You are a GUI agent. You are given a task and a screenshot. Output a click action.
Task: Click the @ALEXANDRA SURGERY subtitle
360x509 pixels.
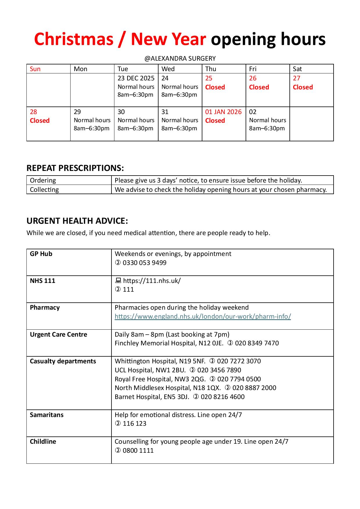point(180,58)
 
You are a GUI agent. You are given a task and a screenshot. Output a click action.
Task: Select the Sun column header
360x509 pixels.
point(35,69)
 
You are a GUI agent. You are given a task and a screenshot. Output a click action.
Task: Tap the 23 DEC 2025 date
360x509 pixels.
point(136,78)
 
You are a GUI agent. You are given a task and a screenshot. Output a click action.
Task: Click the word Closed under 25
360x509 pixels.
point(215,87)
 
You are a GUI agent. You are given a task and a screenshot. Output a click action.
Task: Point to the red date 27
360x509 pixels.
point(296,78)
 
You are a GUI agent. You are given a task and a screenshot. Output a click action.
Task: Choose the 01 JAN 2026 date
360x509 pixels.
point(223,112)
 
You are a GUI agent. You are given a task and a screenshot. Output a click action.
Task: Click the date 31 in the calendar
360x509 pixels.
point(165,112)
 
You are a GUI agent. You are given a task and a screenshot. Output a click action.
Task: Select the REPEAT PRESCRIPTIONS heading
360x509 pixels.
point(75,168)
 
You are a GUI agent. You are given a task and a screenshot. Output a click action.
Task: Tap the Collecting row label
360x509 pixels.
point(44,189)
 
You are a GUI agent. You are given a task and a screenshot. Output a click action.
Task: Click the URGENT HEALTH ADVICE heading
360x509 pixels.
point(77,221)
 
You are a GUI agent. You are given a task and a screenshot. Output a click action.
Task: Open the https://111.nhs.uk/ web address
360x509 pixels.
point(152,281)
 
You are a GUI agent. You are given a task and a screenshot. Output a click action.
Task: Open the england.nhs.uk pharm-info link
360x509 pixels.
point(203,316)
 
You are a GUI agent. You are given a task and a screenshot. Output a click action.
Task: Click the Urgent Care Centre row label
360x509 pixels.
point(58,334)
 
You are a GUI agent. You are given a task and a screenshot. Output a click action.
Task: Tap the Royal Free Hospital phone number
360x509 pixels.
point(239,379)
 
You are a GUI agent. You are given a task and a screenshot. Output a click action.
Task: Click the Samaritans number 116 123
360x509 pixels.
point(134,423)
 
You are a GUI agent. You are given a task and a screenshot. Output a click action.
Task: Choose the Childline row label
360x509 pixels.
point(43,441)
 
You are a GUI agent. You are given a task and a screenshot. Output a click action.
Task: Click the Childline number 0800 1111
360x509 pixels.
point(138,450)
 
